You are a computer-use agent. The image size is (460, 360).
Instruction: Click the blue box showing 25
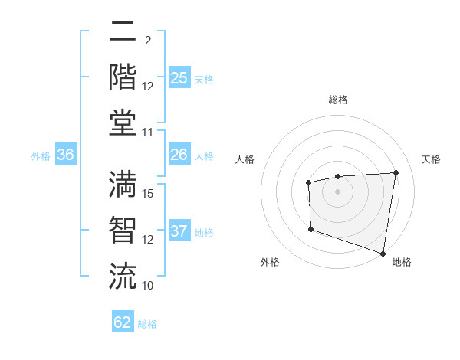(179, 78)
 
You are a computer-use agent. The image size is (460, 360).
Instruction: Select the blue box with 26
(179, 155)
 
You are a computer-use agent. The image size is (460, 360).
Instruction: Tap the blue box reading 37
(179, 231)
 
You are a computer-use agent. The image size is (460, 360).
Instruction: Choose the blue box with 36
(66, 155)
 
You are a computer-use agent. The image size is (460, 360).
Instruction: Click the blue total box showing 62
(123, 322)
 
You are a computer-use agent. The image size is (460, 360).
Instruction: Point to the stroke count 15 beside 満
(149, 193)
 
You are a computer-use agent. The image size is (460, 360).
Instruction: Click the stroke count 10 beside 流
(148, 285)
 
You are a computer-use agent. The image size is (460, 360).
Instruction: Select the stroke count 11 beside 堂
(149, 133)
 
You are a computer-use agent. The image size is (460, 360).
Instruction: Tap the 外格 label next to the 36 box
(41, 155)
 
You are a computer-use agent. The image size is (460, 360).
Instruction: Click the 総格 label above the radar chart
(338, 100)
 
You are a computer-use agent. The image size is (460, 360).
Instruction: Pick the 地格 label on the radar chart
(402, 262)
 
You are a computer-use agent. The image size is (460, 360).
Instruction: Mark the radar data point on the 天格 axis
(396, 172)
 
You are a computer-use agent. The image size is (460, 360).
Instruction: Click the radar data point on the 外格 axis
(310, 229)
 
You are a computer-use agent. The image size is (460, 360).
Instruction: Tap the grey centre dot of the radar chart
(337, 191)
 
